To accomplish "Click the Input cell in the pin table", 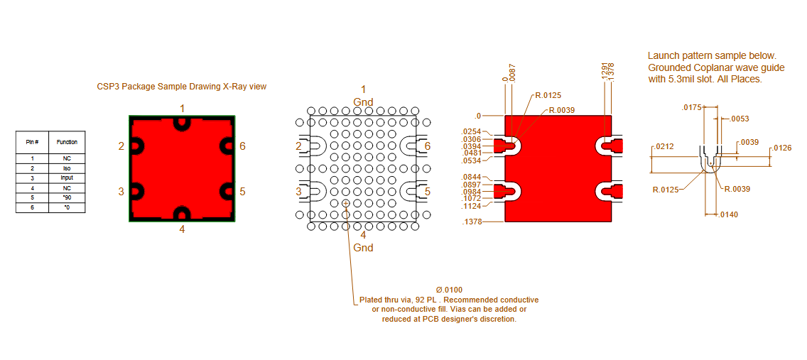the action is click(67, 178).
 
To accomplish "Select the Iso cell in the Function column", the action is click(67, 168).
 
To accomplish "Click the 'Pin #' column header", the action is click(33, 141).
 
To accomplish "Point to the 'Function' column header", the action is click(67, 141).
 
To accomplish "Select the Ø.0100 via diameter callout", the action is click(445, 290).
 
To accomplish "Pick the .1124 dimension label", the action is click(472, 206).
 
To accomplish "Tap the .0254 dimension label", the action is click(472, 131).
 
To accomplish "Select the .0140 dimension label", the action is click(728, 214).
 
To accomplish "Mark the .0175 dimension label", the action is click(691, 107).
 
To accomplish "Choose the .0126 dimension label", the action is click(781, 148).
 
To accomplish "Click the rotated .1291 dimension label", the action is click(605, 69).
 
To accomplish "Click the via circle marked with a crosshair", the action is click(345, 203).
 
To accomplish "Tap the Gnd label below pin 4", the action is click(363, 248).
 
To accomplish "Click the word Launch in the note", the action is click(663, 55).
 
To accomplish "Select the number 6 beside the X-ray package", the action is click(242, 146).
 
